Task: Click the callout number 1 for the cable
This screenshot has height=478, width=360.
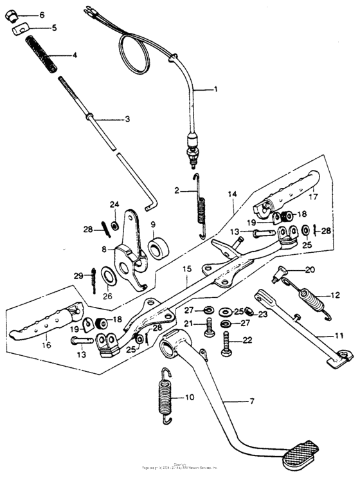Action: (x=216, y=89)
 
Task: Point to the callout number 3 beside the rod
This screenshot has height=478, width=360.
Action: (x=127, y=119)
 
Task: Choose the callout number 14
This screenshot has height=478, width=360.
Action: (x=232, y=193)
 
